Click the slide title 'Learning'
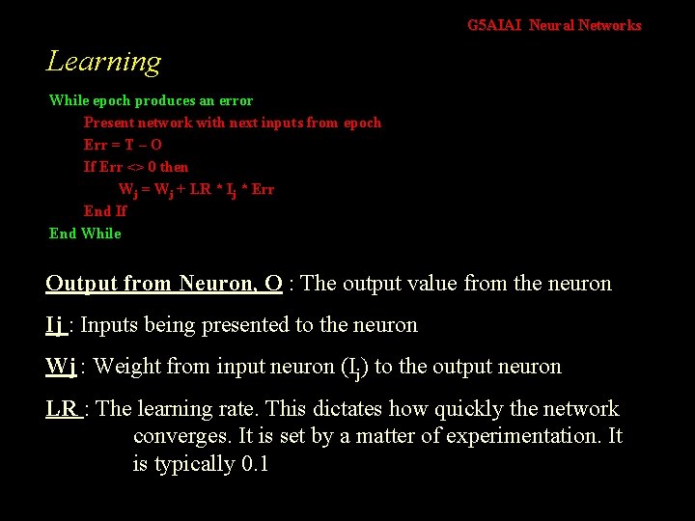point(103,62)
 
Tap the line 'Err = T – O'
point(123,145)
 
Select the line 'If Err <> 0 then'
point(136,167)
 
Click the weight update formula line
point(196,189)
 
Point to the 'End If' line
point(105,211)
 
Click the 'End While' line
point(85,233)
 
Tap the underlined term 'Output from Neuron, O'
point(164,284)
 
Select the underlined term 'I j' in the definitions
point(56,325)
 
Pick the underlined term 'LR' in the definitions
point(63,409)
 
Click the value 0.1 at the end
point(253,464)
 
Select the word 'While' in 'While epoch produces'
point(69,100)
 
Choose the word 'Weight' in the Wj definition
point(128,367)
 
